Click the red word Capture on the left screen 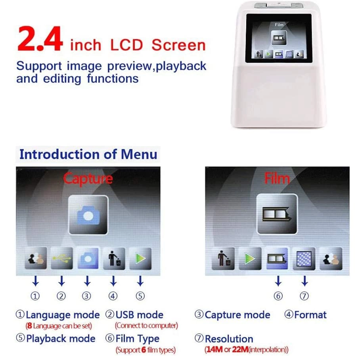(88, 178)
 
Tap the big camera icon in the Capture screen (88, 214)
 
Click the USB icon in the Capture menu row (61, 258)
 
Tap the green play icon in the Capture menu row (140, 258)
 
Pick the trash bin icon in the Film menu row (223, 258)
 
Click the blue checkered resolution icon (304, 258)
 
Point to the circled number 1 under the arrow (36, 296)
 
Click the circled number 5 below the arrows (140, 296)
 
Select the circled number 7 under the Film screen (304, 296)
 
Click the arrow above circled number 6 (278, 281)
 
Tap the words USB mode (139, 315)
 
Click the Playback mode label (61, 339)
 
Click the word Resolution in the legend (229, 339)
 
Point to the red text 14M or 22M (246, 350)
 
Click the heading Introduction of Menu (88, 154)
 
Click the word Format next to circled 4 (310, 315)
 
